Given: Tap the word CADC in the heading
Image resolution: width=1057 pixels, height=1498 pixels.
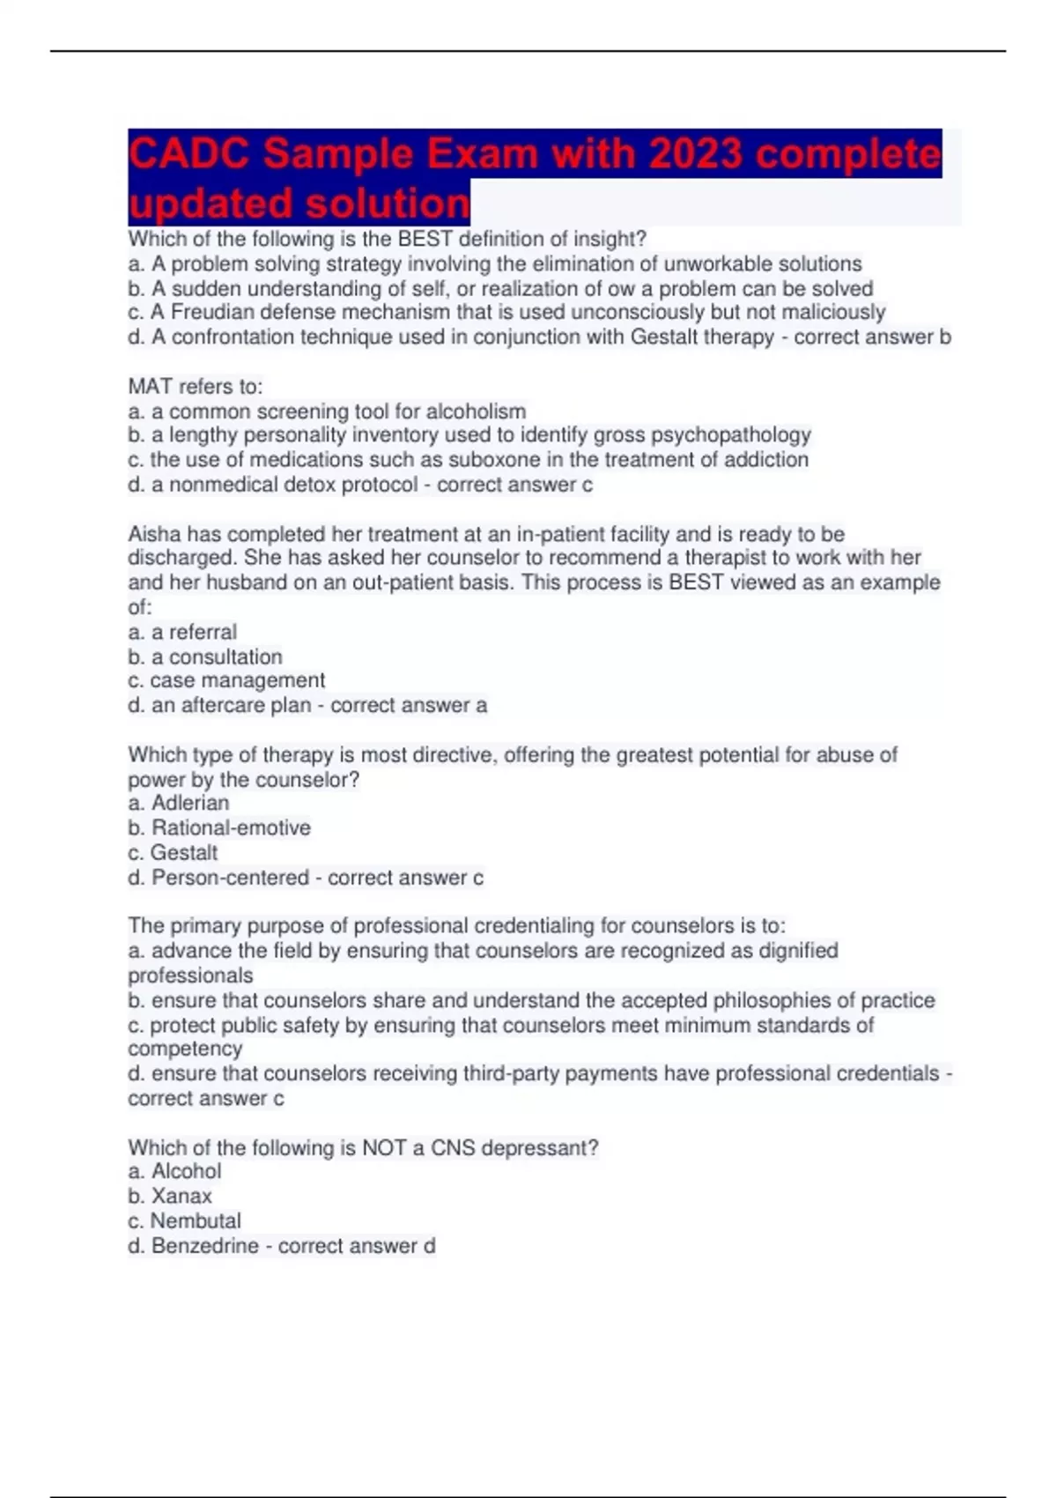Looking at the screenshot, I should coord(189,154).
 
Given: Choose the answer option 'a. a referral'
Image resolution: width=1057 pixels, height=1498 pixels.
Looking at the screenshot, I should coord(182,632).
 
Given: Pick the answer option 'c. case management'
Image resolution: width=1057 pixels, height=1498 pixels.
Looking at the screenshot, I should coord(226,680).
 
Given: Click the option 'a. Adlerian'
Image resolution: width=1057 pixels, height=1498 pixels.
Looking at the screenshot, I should coord(179,803).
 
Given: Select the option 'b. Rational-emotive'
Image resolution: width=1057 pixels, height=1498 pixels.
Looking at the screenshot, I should coord(219,827).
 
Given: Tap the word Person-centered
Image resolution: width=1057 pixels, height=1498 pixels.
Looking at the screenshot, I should coord(230,878).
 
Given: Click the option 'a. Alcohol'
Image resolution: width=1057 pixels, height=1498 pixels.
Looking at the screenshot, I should coord(174,1171).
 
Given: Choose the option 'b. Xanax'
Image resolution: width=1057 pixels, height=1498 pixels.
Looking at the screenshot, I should coord(170,1196).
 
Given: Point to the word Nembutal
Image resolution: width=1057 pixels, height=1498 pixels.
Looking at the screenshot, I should coord(195,1220).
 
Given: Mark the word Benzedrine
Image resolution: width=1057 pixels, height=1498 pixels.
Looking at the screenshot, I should coord(204,1246).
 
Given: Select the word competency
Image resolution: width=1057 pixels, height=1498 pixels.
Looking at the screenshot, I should coord(185,1049).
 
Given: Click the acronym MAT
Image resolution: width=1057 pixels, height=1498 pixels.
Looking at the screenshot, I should coord(150,387).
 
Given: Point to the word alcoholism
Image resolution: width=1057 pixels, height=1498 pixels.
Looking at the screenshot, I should coord(476,412).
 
